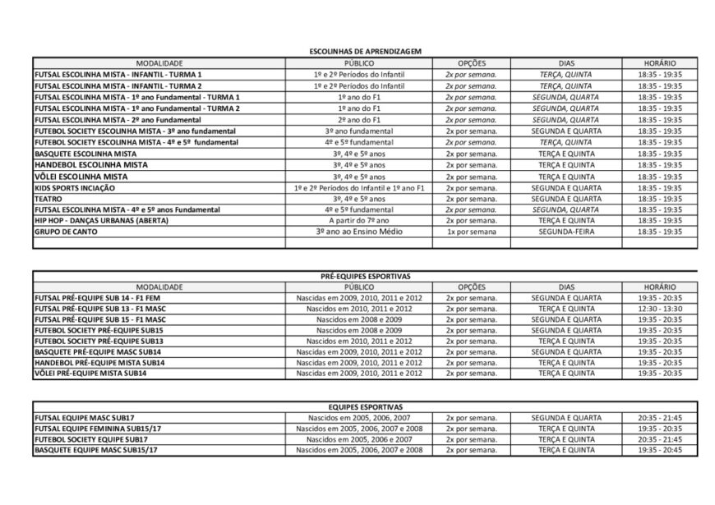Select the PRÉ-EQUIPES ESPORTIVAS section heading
coord(364,277)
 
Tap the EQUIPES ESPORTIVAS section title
coord(364,406)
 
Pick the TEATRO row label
coord(47,198)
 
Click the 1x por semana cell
coord(472,232)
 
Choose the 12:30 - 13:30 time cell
coord(660,308)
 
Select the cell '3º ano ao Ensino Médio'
coord(363,232)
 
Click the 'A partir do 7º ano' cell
coord(363,220)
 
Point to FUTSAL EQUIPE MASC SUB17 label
coord(85,417)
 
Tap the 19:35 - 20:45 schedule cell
coord(660,449)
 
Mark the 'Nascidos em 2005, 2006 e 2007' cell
coord(359,438)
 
